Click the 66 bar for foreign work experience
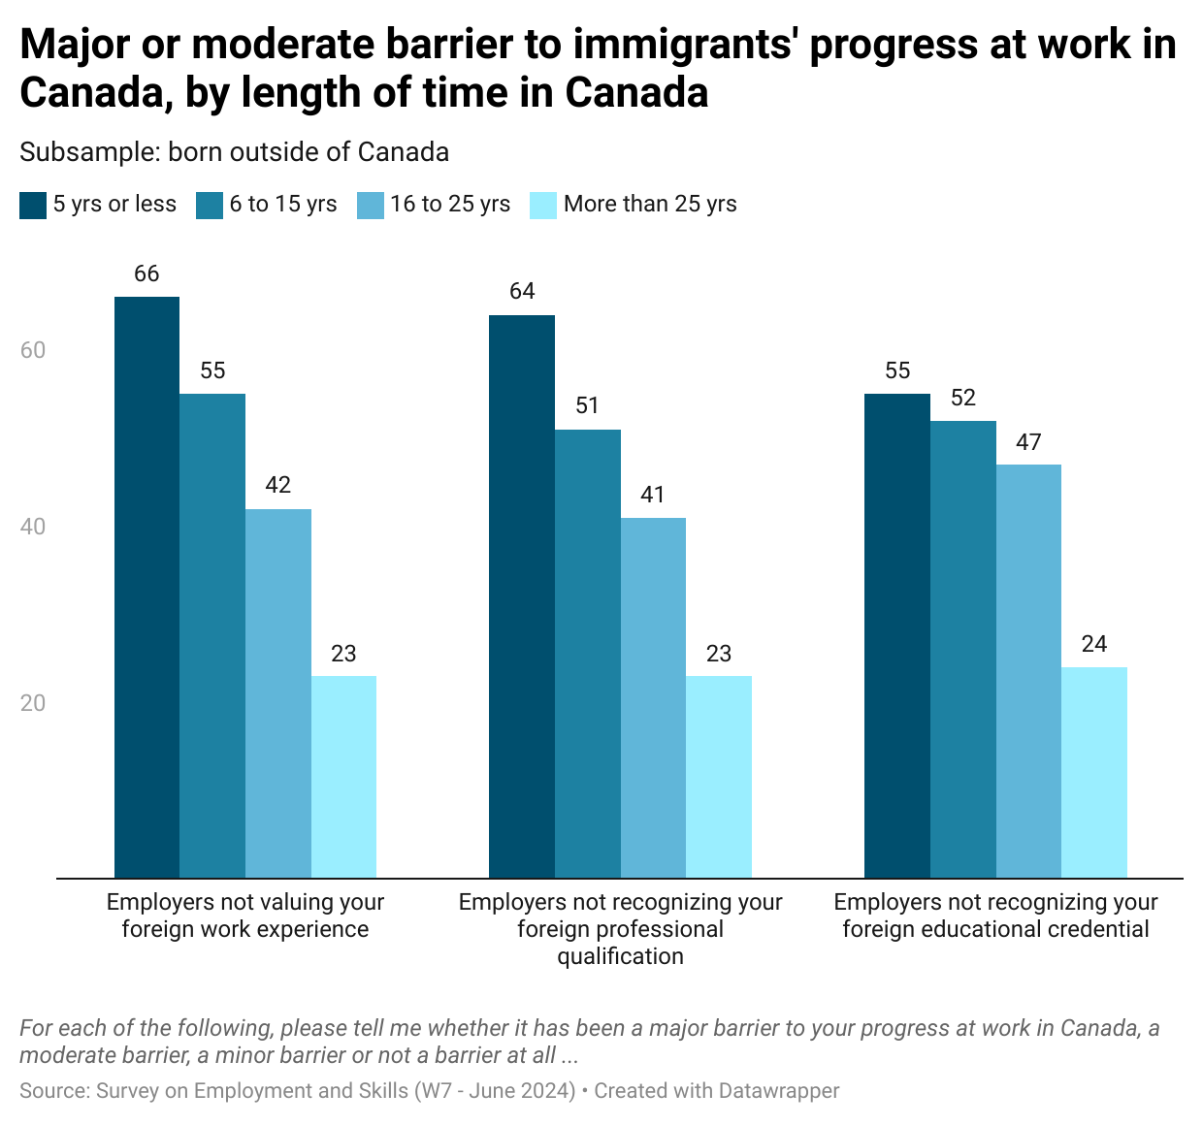[x=146, y=587]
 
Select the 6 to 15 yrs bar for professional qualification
[x=587, y=653]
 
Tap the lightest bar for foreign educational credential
[x=1093, y=772]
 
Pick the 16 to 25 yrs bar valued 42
[x=277, y=692]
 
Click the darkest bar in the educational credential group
[x=896, y=635]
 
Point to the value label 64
[x=522, y=292]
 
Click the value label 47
[x=1028, y=442]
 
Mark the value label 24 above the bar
[x=1093, y=645]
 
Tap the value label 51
[x=587, y=406]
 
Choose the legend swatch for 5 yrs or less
[x=33, y=205]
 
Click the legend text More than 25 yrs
[x=650, y=205]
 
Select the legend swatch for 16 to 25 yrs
[x=371, y=205]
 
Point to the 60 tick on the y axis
[x=33, y=350]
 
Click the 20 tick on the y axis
[x=33, y=703]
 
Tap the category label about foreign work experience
[x=245, y=916]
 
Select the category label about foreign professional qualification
[x=620, y=929]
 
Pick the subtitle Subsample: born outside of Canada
[x=234, y=152]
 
